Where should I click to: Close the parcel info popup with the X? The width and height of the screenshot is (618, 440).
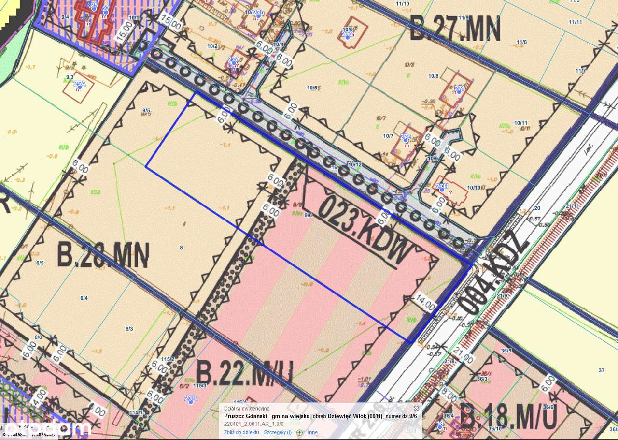pyautogui.click(x=417, y=408)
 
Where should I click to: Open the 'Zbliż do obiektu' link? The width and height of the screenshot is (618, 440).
pyautogui.click(x=241, y=432)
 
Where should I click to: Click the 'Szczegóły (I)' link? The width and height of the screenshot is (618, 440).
pyautogui.click(x=278, y=432)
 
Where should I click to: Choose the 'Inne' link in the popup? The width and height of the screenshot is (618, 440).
pyautogui.click(x=313, y=432)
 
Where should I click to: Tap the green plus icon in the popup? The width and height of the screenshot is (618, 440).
pyautogui.click(x=299, y=432)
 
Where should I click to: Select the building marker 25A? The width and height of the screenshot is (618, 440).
pyautogui.click(x=79, y=84)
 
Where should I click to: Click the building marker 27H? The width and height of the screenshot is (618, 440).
pyautogui.click(x=442, y=187)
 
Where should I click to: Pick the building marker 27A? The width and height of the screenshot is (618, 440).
pyautogui.click(x=233, y=59)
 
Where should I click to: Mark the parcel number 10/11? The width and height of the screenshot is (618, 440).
pyautogui.click(x=520, y=123)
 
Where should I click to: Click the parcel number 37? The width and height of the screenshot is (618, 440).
pyautogui.click(x=601, y=370)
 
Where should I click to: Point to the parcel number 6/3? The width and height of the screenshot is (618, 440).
pyautogui.click(x=129, y=329)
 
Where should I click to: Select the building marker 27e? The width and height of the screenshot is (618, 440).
pyautogui.click(x=405, y=137)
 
